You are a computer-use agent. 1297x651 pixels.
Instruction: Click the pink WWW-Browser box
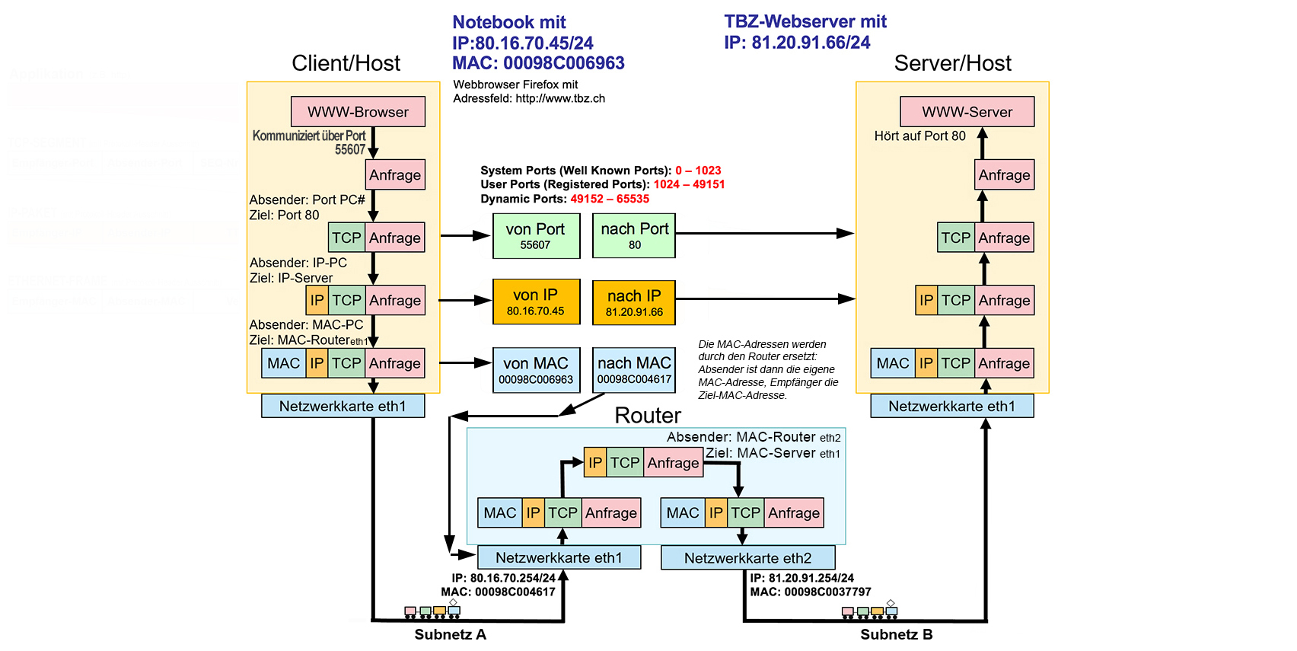pos(358,112)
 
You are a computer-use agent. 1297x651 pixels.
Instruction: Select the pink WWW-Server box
pos(967,112)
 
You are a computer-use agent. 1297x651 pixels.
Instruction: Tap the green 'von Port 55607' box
pos(535,236)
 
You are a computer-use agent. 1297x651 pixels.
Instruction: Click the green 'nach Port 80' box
pos(634,236)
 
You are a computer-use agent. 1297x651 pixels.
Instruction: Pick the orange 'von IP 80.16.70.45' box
pos(536,302)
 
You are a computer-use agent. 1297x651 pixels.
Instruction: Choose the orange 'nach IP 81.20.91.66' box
pos(634,302)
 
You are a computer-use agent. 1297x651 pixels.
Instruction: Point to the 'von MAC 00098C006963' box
pos(536,370)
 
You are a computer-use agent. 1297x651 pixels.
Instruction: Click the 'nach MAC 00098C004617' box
pos(634,370)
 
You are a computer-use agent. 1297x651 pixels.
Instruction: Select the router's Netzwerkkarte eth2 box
pos(747,558)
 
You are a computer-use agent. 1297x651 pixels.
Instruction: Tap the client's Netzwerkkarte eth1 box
pos(343,406)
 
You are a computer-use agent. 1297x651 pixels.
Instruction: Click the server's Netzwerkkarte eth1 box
pos(951,406)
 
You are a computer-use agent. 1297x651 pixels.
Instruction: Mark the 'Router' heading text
pos(648,416)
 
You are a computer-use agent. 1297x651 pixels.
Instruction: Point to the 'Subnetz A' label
pos(450,634)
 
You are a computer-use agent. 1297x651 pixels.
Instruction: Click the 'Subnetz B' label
pos(896,634)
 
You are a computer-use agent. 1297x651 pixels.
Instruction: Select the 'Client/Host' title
pos(346,63)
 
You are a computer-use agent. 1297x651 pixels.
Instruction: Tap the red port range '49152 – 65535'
pos(610,199)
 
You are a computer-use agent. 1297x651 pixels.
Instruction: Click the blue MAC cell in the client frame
pos(284,363)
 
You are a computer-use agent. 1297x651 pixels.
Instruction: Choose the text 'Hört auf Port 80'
pos(919,136)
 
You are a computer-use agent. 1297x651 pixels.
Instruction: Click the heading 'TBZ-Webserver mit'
pos(805,21)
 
